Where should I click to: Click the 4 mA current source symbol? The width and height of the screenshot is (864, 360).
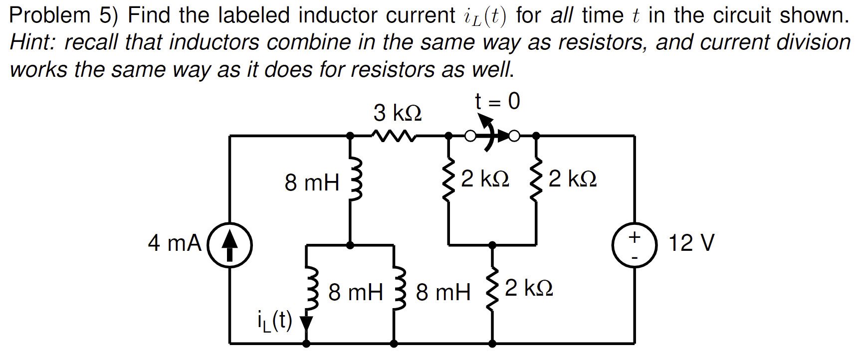point(229,245)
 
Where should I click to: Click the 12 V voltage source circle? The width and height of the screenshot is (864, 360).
point(635,245)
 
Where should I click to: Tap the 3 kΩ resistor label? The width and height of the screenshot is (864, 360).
point(397,113)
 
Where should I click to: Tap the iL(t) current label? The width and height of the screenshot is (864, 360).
point(274,321)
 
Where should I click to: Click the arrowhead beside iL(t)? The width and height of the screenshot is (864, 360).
point(306,324)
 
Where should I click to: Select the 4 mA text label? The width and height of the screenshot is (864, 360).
point(174,243)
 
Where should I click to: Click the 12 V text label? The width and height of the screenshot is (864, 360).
point(691,243)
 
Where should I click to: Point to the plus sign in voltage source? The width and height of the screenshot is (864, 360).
point(635,236)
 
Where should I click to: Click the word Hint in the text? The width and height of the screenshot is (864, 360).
point(33,43)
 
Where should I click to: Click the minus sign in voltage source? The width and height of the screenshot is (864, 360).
point(635,257)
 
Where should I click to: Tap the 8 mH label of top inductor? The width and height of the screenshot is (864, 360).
point(312,182)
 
